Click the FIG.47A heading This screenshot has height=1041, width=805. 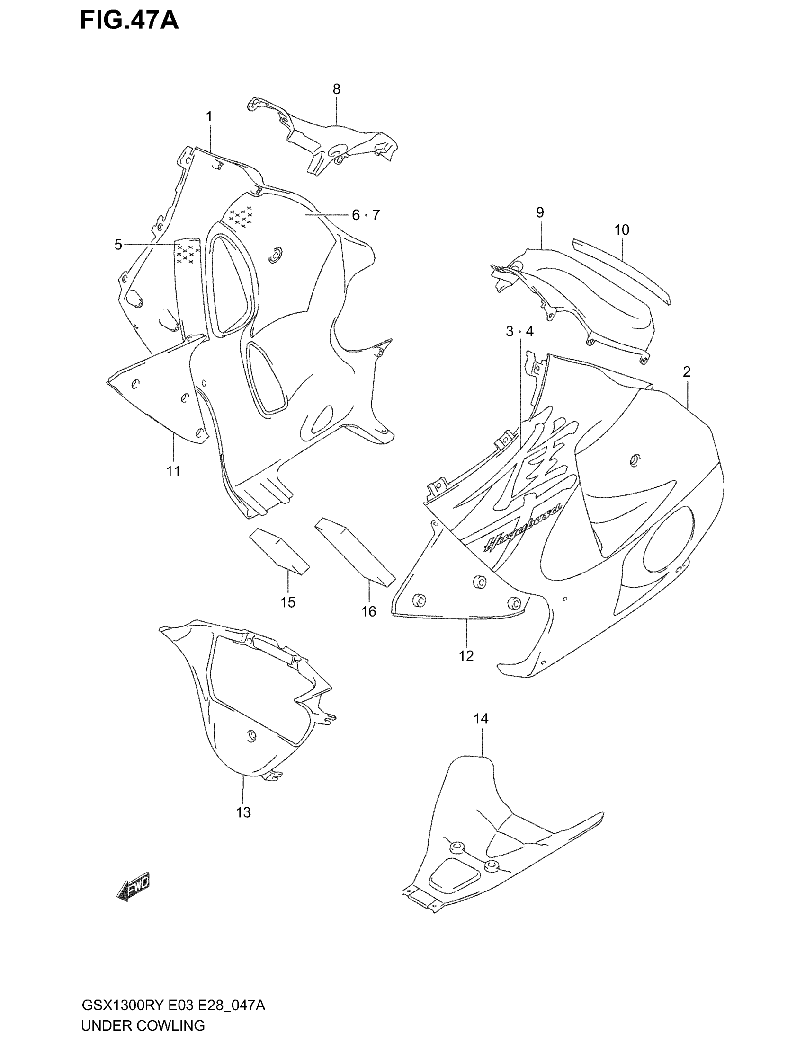coord(129,21)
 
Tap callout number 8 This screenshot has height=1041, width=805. coord(337,89)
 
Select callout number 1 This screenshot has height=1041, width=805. coord(209,116)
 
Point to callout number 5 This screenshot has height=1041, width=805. coord(118,245)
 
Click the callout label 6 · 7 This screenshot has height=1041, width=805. coord(366,215)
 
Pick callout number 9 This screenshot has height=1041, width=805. coord(540,212)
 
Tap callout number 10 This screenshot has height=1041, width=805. coord(621,230)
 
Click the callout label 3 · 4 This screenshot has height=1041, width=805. coord(519,331)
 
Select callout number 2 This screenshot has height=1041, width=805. coord(687,371)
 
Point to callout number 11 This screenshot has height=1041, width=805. coord(173,471)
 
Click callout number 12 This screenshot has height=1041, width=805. coord(466,656)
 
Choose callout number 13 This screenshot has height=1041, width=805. coord(243,812)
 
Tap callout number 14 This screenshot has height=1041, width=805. coord(481,719)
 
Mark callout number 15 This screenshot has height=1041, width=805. coord(287,602)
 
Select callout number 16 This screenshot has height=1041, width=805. coord(368,611)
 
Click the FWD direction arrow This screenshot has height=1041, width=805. coord(134,887)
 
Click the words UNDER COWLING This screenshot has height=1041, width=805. coord(143,1025)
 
